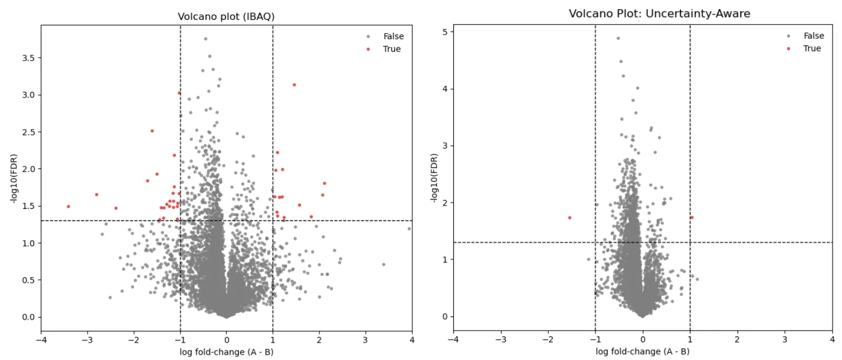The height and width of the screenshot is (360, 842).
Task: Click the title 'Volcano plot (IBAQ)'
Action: pyautogui.click(x=226, y=16)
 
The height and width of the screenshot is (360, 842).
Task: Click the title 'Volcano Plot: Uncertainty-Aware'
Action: pyautogui.click(x=659, y=14)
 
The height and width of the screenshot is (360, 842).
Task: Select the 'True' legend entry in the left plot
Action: pyautogui.click(x=391, y=49)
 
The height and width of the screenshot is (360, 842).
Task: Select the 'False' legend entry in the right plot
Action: pyautogui.click(x=813, y=36)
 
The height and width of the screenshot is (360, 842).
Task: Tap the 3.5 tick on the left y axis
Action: pyautogui.click(x=28, y=58)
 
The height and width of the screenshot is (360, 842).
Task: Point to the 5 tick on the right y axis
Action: pyautogui.click(x=445, y=32)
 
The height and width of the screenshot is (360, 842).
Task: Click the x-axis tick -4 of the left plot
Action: pyautogui.click(x=41, y=340)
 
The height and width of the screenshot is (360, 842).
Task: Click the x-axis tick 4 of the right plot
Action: pyautogui.click(x=832, y=340)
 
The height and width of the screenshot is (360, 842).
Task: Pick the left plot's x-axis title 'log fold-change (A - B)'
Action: pyautogui.click(x=226, y=352)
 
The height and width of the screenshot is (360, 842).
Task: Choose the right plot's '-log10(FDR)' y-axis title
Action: pyautogui.click(x=433, y=178)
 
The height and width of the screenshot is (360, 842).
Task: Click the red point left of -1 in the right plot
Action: pyautogui.click(x=570, y=218)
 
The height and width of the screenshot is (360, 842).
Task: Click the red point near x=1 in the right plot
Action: pyautogui.click(x=692, y=217)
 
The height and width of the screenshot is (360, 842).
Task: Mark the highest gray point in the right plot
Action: pyautogui.click(x=618, y=38)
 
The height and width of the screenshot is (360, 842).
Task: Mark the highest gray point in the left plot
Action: pyautogui.click(x=206, y=39)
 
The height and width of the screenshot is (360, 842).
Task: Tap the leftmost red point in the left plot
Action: pyautogui.click(x=68, y=207)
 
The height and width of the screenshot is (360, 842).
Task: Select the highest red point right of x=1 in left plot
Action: pyautogui.click(x=294, y=85)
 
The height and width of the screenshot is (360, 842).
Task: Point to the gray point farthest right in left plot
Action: pyautogui.click(x=409, y=229)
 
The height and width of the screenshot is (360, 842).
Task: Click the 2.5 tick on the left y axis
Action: pyautogui.click(x=28, y=132)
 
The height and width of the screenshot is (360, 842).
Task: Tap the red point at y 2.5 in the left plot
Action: pyautogui.click(x=152, y=131)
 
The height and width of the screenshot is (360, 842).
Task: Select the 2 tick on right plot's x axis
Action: pyautogui.click(x=737, y=340)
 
